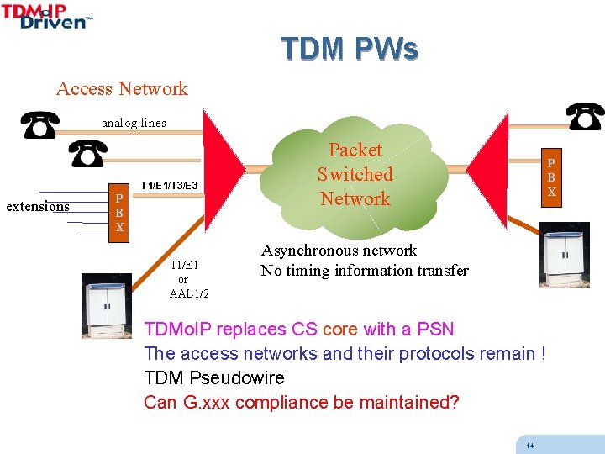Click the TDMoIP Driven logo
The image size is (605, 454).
[47, 17]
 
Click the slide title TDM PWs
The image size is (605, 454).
[349, 50]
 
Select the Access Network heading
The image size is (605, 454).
[122, 88]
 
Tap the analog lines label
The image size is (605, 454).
[134, 123]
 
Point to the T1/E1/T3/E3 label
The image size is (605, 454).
[169, 185]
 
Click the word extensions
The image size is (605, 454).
[38, 207]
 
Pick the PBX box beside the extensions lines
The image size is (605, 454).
[120, 210]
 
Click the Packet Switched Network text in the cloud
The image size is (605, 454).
[355, 175]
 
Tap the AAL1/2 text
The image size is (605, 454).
[189, 293]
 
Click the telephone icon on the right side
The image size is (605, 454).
[585, 116]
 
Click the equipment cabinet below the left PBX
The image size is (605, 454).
[107, 304]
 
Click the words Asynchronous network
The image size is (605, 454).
[339, 251]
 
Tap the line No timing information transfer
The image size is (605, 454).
[364, 271]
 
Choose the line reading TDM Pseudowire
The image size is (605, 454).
[214, 377]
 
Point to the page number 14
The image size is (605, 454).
[529, 445]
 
